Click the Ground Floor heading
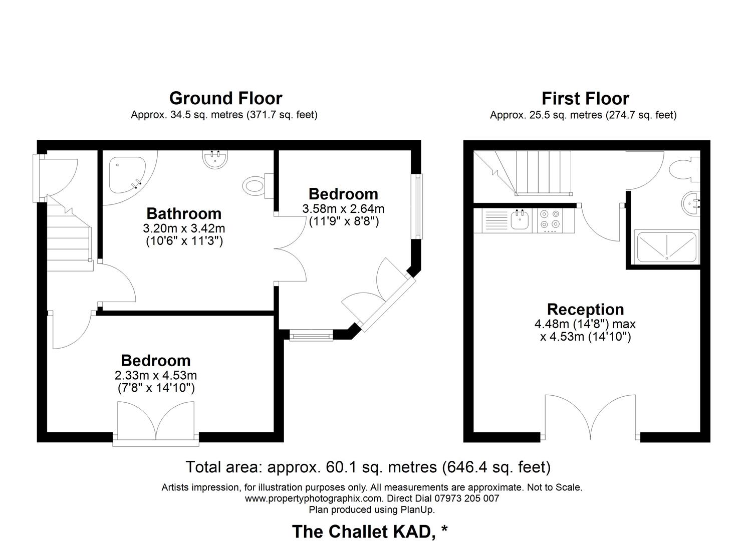pyautogui.click(x=225, y=98)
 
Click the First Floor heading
pyautogui.click(x=585, y=99)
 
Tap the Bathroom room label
pyautogui.click(x=184, y=213)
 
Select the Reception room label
pyautogui.click(x=585, y=309)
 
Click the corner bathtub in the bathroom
pyautogui.click(x=126, y=173)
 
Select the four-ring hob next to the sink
pyautogui.click(x=550, y=220)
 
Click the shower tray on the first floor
pyautogui.click(x=666, y=247)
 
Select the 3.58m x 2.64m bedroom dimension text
pyautogui.click(x=343, y=208)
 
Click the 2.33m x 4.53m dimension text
pyautogui.click(x=156, y=375)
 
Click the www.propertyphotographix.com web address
pyautogui.click(x=314, y=498)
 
